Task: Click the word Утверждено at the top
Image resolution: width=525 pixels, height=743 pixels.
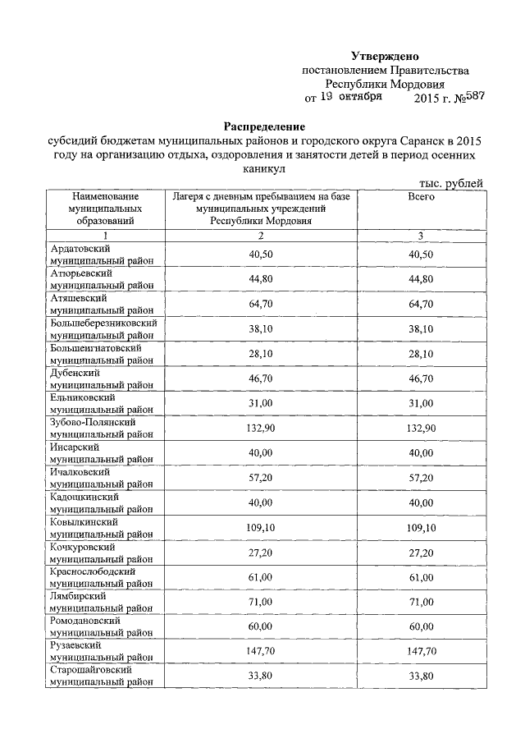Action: [385, 57]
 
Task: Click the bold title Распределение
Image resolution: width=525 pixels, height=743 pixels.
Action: [264, 127]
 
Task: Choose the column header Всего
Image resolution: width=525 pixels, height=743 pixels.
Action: [421, 198]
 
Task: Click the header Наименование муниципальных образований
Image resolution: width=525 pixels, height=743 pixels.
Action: [105, 209]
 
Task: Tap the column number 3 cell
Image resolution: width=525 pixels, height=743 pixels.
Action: [421, 236]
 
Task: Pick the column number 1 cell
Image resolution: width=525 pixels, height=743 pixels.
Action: [105, 236]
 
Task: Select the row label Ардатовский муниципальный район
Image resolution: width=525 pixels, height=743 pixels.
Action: [102, 255]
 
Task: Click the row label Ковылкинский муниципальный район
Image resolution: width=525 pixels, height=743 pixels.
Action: [102, 528]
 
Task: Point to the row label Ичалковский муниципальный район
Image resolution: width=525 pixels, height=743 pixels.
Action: [102, 478]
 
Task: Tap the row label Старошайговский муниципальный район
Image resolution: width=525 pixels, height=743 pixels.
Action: [102, 677]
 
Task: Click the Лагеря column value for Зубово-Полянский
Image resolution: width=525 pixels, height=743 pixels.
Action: [261, 429]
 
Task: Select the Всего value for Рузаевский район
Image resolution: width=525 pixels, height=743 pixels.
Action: [421, 653]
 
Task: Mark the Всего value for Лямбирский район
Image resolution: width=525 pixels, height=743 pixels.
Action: [421, 603]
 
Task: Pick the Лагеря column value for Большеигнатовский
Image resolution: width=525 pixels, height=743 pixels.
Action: [261, 354]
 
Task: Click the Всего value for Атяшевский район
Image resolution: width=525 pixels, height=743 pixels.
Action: [421, 305]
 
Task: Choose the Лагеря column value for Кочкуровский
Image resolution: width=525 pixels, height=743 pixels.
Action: [261, 553]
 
